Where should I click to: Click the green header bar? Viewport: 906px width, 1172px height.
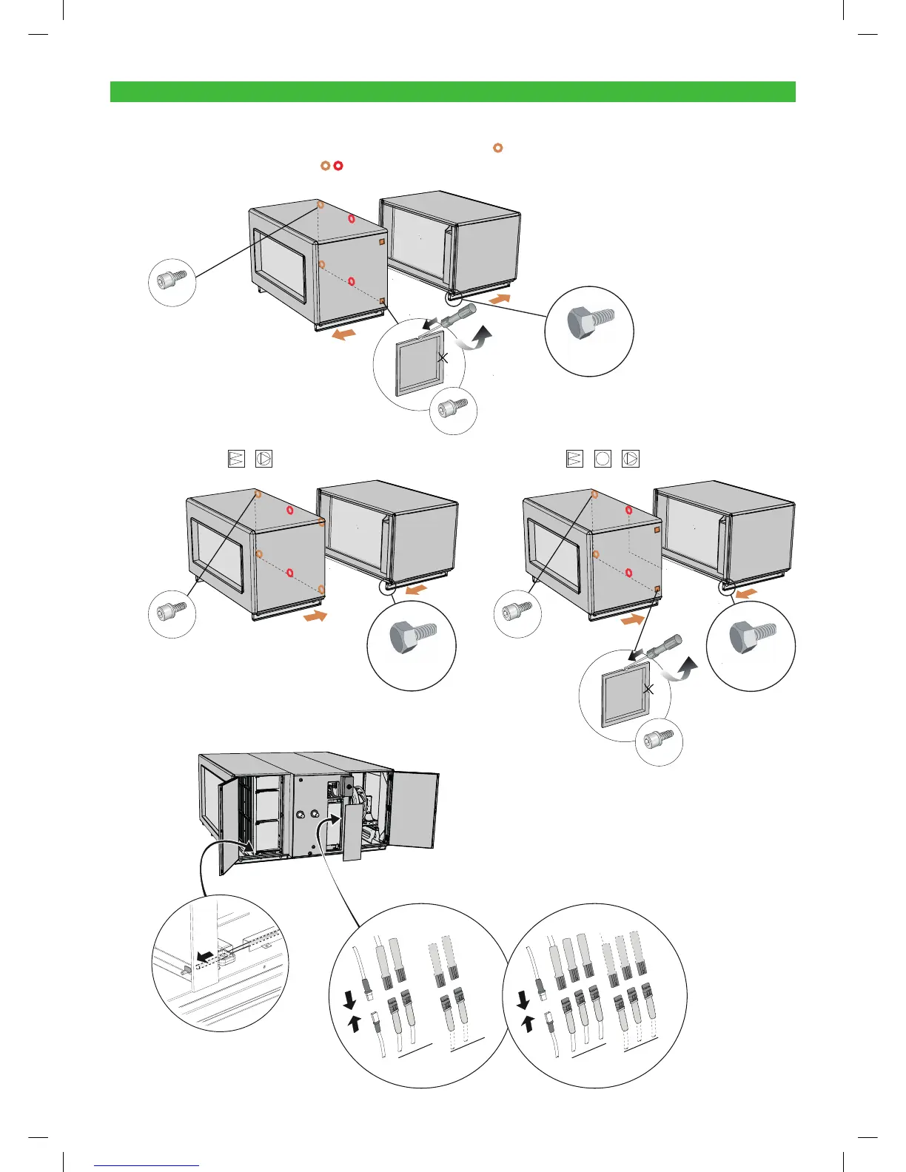point(452,92)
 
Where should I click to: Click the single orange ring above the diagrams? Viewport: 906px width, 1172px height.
point(498,148)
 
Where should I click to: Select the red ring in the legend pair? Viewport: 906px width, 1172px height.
point(338,166)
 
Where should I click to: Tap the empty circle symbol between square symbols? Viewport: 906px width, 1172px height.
point(603,459)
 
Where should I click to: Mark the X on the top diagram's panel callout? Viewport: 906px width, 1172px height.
point(443,358)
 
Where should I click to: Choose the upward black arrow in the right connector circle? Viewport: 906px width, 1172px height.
point(528,1024)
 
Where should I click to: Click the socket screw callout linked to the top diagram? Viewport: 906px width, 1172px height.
point(172,281)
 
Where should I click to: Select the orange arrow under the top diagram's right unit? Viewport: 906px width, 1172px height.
point(500,299)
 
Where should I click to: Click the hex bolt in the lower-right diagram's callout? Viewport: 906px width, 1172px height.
point(751,636)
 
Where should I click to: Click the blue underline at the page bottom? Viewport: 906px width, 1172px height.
point(147,1166)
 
